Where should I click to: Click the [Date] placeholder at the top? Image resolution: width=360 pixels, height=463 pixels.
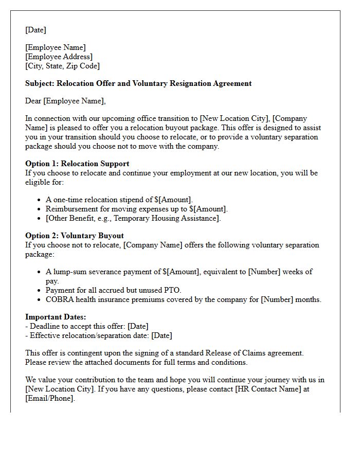[x=35, y=30]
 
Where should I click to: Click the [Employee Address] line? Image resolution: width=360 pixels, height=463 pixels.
[x=59, y=57]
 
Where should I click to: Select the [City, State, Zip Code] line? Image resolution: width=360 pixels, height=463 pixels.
[x=62, y=66]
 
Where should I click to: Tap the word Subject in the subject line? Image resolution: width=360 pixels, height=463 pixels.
[x=40, y=83]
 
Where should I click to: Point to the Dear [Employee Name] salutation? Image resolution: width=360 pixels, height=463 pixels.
[x=65, y=101]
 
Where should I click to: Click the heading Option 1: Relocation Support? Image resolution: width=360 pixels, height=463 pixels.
[x=77, y=164]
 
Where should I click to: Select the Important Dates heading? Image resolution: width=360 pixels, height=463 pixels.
[x=56, y=317]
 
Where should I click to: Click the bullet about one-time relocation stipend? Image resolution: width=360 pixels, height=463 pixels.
[x=119, y=200]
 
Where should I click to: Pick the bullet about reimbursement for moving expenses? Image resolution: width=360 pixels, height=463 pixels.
[x=136, y=209]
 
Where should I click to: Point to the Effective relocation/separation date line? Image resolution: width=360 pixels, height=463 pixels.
[x=100, y=335]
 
